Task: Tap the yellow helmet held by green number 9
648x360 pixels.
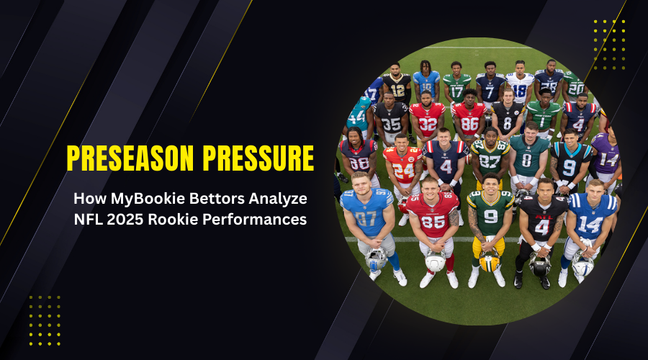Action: (x=490, y=261)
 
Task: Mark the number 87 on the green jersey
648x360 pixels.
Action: (x=490, y=161)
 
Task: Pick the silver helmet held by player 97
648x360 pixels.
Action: (x=377, y=258)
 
